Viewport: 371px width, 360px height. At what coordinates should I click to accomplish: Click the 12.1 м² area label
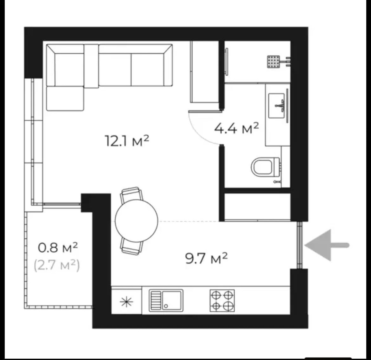pos(127,141)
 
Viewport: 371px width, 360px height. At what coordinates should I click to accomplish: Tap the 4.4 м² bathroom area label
pos(237,128)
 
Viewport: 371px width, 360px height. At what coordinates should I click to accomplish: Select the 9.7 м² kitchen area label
pos(207,258)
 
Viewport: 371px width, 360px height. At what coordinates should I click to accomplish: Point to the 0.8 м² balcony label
pos(58,247)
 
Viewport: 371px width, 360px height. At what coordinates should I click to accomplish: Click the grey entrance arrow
pos(327,245)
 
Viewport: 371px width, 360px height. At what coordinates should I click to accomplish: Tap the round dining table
pos(137,221)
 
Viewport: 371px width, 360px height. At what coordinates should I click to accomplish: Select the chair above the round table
pos(131,194)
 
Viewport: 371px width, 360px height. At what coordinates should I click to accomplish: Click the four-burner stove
pos(222,301)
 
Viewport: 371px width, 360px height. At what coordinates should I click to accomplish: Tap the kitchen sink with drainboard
pos(166,301)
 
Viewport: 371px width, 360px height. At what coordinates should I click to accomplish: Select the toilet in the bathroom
pos(266,167)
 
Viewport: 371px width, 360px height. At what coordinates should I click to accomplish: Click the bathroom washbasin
pos(277,106)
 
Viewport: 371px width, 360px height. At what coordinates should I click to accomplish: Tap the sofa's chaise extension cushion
pos(65,98)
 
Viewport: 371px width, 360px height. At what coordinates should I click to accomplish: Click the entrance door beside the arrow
pos(300,245)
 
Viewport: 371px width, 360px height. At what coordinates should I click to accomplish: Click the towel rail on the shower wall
pos(227,62)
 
